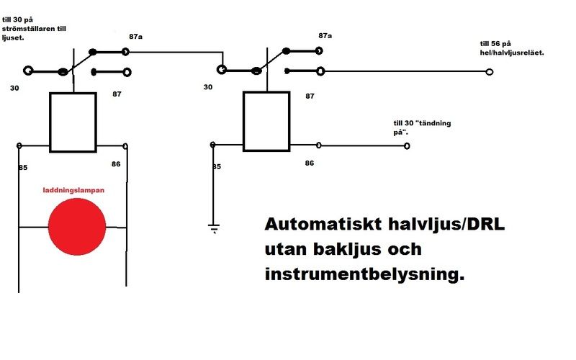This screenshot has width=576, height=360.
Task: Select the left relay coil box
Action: click(73, 122)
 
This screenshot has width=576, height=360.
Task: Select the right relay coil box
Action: click(266, 121)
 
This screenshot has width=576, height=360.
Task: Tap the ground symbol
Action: click(213, 229)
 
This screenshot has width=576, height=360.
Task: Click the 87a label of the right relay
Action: click(325, 35)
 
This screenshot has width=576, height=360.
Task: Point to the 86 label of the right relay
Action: click(310, 163)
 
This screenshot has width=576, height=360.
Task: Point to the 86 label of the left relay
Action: click(116, 164)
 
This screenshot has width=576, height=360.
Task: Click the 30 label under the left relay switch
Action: click(15, 88)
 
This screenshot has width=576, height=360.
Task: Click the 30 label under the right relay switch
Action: click(208, 87)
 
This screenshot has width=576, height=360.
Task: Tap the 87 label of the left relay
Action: click(117, 94)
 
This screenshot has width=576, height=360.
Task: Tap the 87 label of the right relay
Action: click(311, 96)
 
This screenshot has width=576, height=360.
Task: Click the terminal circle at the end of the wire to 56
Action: click(490, 72)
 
